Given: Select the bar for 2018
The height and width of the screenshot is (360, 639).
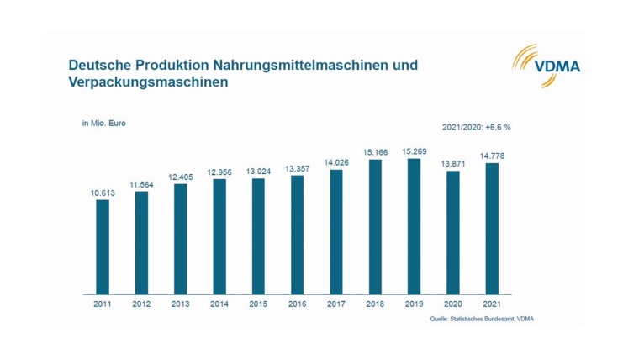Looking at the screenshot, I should pyautogui.click(x=376, y=226).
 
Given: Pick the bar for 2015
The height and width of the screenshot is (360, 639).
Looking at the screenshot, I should pyautogui.click(x=259, y=236).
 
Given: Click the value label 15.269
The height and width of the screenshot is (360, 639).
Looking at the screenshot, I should pyautogui.click(x=415, y=151).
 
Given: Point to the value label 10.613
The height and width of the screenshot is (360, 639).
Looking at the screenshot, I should pyautogui.click(x=103, y=193).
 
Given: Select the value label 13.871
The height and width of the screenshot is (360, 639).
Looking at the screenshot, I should pyautogui.click(x=453, y=163).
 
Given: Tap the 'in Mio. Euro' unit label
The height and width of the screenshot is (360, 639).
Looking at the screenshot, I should pyautogui.click(x=103, y=123).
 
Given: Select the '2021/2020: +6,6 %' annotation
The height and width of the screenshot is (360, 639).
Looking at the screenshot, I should pyautogui.click(x=477, y=127).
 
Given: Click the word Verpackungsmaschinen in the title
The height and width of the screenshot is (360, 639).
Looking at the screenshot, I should pyautogui.click(x=148, y=84).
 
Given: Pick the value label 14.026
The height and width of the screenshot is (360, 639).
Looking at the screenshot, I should pyautogui.click(x=336, y=162).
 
